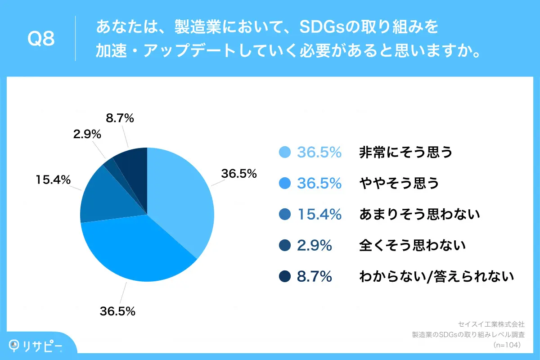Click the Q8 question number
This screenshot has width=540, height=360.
(41, 39)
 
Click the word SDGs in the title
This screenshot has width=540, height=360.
(311, 28)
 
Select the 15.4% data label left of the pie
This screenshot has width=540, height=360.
(53, 180)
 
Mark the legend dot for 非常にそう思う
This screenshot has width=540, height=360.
(284, 153)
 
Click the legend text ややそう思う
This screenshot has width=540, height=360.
(399, 184)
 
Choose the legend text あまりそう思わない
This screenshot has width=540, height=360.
(419, 215)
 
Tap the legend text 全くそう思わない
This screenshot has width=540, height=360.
(412, 246)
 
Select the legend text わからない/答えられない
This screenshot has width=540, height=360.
(436, 277)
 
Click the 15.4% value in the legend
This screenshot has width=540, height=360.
(319, 215)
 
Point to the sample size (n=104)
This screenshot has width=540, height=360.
(507, 345)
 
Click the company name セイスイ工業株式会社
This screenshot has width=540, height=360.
(491, 324)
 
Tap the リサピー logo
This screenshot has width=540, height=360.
(36, 346)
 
